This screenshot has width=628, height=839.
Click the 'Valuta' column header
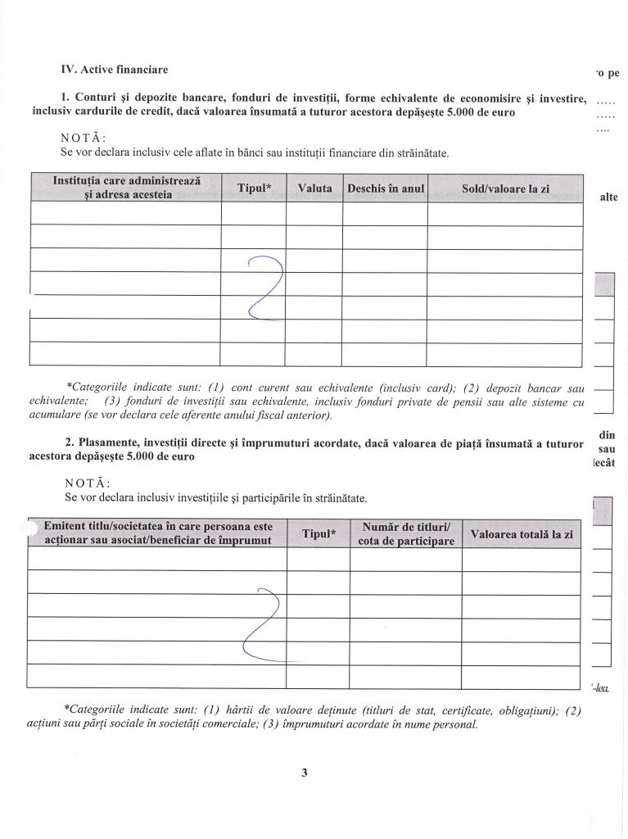[314, 188]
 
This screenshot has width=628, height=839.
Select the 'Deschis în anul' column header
[386, 188]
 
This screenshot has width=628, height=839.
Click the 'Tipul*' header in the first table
[254, 188]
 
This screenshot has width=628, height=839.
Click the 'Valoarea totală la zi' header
[522, 533]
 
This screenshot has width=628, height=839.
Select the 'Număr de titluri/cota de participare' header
[406, 533]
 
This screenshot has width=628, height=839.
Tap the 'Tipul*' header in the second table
[319, 533]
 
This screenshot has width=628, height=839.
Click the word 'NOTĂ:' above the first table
[84, 138]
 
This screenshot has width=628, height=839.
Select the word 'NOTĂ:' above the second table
[84, 483]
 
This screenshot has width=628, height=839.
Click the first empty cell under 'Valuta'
[314, 213]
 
